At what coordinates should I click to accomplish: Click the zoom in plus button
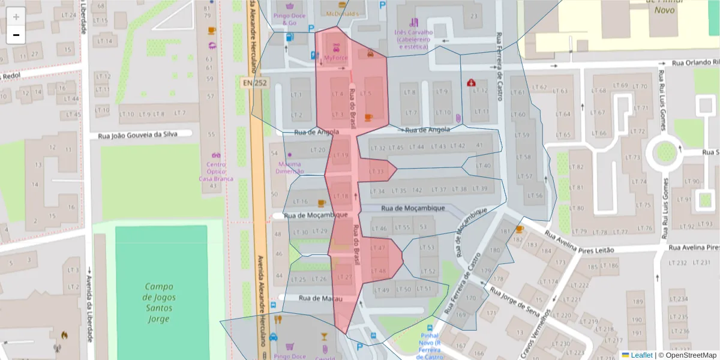[x=16, y=17]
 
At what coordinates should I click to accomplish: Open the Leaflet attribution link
[x=641, y=355]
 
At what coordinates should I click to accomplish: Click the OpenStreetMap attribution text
[x=689, y=355]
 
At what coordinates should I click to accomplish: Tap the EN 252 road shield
[x=255, y=82]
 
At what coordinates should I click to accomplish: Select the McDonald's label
[x=342, y=13]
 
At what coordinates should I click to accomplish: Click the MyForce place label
[x=335, y=58]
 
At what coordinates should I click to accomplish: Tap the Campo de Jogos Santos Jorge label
[x=159, y=303]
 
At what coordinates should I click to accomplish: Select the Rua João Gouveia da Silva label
[x=137, y=134]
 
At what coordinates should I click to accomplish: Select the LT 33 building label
[x=377, y=172]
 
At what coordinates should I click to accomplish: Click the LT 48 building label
[x=379, y=271]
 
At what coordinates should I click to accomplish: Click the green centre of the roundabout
[x=665, y=152]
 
